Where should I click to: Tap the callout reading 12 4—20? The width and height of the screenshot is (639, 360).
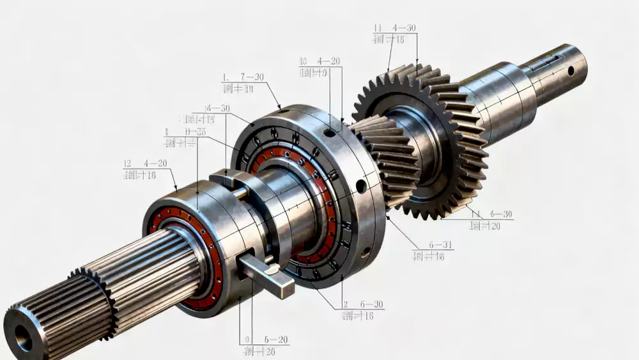click(146, 164)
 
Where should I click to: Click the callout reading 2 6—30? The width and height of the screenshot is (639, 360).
click(363, 305)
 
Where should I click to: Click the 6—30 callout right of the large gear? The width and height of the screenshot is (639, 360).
click(492, 214)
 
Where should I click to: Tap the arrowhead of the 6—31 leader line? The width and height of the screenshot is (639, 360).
click(387, 218)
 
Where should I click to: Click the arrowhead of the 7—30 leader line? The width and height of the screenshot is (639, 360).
click(279, 107)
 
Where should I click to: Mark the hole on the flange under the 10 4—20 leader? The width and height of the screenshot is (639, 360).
click(329, 132)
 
